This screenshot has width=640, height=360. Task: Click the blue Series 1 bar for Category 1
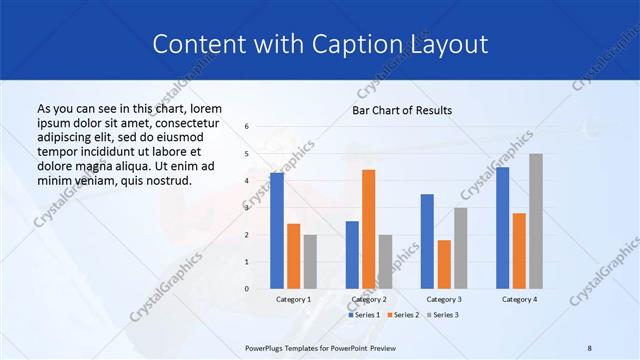277,231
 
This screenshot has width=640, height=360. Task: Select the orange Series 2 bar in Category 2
368,229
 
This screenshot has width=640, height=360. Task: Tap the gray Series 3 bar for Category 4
536,221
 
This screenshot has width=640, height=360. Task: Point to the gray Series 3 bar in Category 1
310,262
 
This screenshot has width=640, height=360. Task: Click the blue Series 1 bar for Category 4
502,228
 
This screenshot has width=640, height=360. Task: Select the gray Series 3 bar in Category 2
385,262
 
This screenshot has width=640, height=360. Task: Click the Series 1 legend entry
364,315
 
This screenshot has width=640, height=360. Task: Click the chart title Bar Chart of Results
402,110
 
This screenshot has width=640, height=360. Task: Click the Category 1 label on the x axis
293,299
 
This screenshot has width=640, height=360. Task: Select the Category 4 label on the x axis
519,299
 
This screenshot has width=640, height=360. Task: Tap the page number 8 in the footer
590,346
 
